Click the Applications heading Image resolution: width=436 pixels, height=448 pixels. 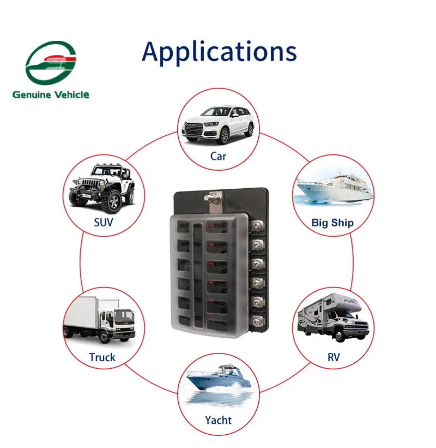tap(219, 52)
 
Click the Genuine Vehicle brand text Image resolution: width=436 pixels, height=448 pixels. tap(51, 95)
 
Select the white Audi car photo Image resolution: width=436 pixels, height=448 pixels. tap(218, 125)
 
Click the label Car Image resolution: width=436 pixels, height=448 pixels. tap(218, 156)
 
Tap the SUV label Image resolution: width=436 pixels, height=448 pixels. tap(103, 222)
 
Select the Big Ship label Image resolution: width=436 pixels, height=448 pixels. tap(332, 222)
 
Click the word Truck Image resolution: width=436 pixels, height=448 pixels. tap(102, 357)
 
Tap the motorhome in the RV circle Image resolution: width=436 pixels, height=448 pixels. tap(332, 317)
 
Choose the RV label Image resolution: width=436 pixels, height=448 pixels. tap(333, 357)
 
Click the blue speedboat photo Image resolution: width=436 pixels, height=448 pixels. tap(218, 378)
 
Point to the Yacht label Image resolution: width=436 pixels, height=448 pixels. tap(218, 420)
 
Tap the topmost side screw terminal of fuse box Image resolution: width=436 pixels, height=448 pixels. tap(258, 225)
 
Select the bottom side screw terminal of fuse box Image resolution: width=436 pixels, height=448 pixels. tap(258, 320)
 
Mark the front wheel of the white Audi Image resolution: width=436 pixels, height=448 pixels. tap(224, 136)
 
